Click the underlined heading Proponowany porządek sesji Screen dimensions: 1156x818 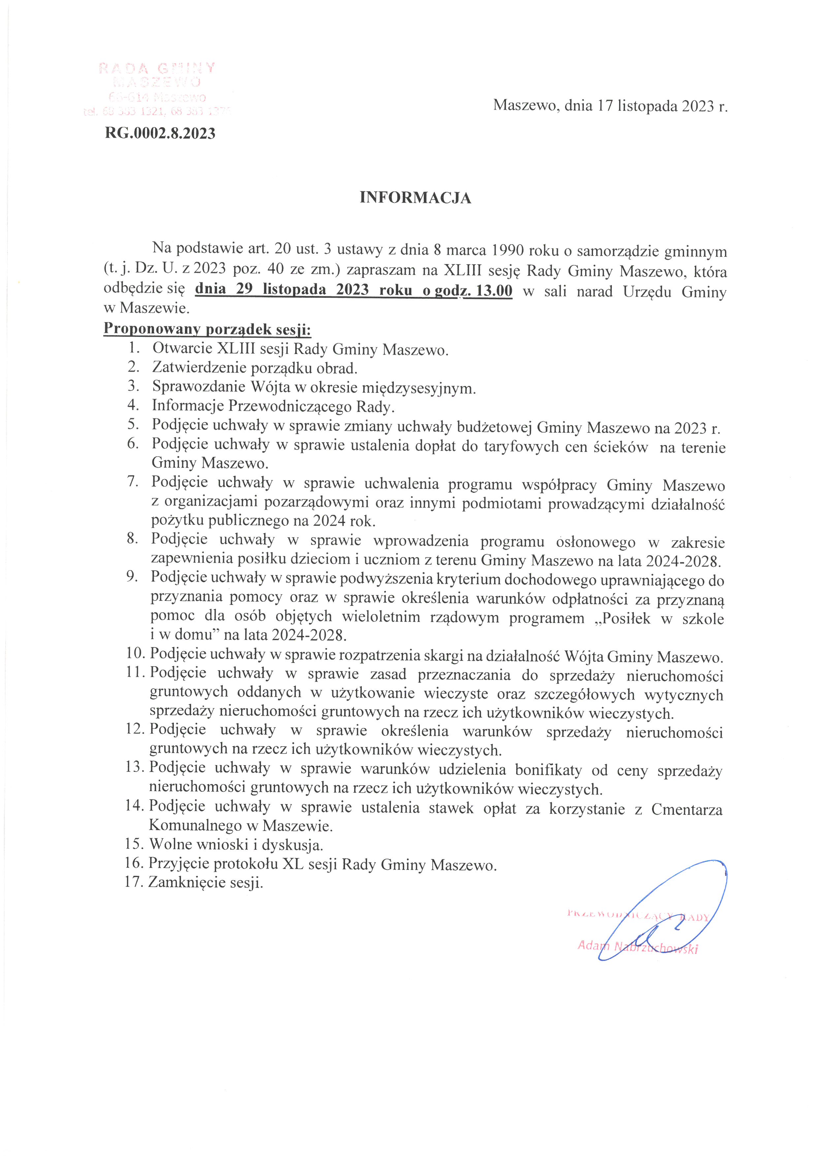click(x=207, y=329)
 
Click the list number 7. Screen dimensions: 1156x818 click(x=133, y=482)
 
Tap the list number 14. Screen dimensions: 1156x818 click(x=135, y=806)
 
